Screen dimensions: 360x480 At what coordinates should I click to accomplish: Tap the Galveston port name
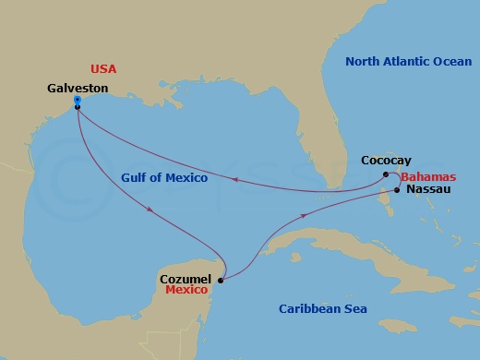coord(77,88)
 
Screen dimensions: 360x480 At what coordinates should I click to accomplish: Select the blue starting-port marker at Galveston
coord(77,100)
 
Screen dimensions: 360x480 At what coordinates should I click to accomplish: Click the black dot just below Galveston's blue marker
coord(78,107)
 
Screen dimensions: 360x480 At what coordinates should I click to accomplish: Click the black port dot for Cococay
coord(386,173)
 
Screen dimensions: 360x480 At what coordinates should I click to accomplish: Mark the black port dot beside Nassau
coord(397,190)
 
